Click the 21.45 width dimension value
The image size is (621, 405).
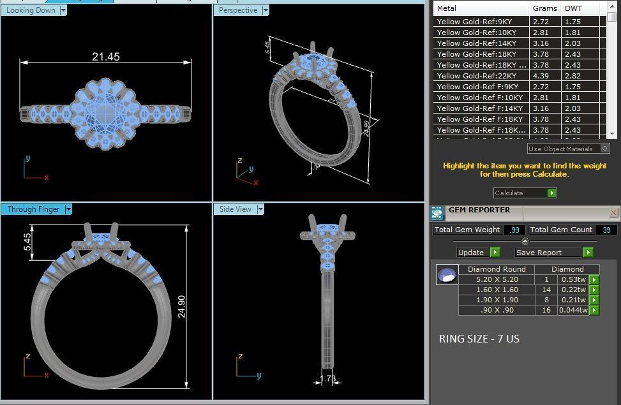click(x=105, y=57)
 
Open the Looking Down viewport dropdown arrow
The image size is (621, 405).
click(x=63, y=10)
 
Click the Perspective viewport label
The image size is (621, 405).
click(x=237, y=10)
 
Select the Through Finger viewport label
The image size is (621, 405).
click(x=31, y=209)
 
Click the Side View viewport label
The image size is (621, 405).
click(x=235, y=209)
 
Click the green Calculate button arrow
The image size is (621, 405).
click(x=551, y=193)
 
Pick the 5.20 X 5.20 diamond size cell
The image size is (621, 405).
click(x=497, y=279)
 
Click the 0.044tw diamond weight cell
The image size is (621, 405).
click(x=572, y=311)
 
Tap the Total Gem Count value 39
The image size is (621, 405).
click(x=606, y=230)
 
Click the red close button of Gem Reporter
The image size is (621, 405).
click(x=613, y=212)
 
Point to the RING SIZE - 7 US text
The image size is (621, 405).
click(x=479, y=339)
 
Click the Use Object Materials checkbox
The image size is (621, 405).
click(x=604, y=149)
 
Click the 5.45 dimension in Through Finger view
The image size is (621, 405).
click(x=27, y=242)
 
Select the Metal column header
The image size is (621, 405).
click(x=447, y=8)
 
